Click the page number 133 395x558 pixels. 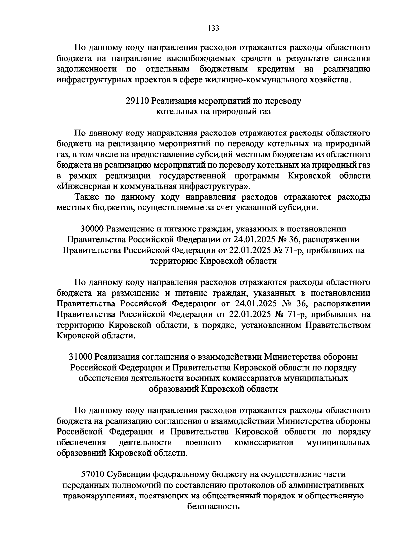[x=213, y=28]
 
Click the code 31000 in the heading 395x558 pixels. [x=82, y=357]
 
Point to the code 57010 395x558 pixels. [x=92, y=474]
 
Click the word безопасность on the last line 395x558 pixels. [x=213, y=506]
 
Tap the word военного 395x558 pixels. [x=203, y=442]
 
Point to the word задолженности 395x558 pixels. [x=87, y=69]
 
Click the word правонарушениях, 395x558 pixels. [x=99, y=496]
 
